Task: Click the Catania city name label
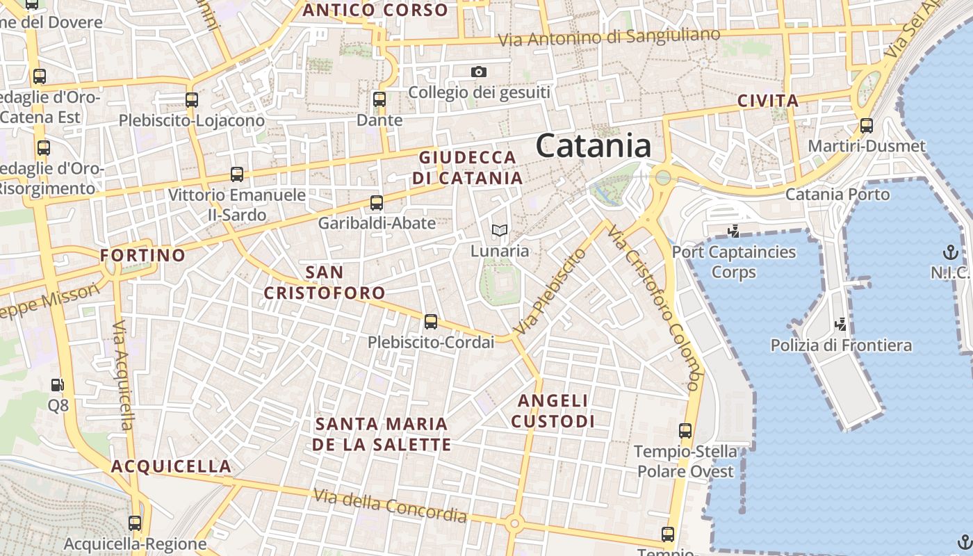[x=593, y=146]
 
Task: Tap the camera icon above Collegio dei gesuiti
[x=478, y=72]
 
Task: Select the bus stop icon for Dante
[x=379, y=99]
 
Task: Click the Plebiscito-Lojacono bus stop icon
[x=192, y=99]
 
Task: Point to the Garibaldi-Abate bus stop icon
[x=377, y=203]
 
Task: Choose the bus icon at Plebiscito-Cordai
[x=431, y=322]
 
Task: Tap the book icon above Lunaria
[x=499, y=230]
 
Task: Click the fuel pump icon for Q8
[x=58, y=384]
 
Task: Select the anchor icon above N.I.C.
[x=950, y=252]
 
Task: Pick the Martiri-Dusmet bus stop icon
[x=867, y=126]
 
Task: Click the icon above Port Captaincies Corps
[x=733, y=231]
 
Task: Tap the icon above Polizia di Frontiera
[x=841, y=324]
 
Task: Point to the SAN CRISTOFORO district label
[x=325, y=282]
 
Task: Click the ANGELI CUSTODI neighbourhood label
[x=553, y=411]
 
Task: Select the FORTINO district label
[x=143, y=255]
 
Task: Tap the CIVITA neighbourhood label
[x=768, y=101]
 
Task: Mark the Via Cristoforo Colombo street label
[x=654, y=306]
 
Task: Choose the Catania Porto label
[x=837, y=194]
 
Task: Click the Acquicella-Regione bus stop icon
[x=135, y=523]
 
